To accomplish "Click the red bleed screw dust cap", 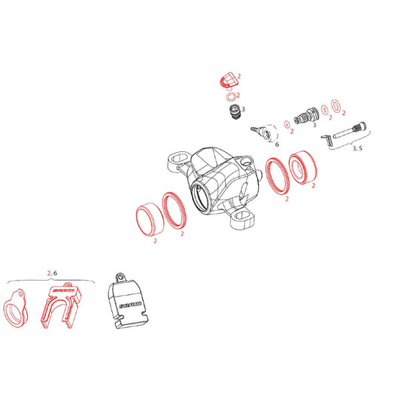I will (227, 81).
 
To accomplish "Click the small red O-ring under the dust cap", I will (229, 96).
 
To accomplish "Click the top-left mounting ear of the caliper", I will (175, 162).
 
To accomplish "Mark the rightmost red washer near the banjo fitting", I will (336, 106).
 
